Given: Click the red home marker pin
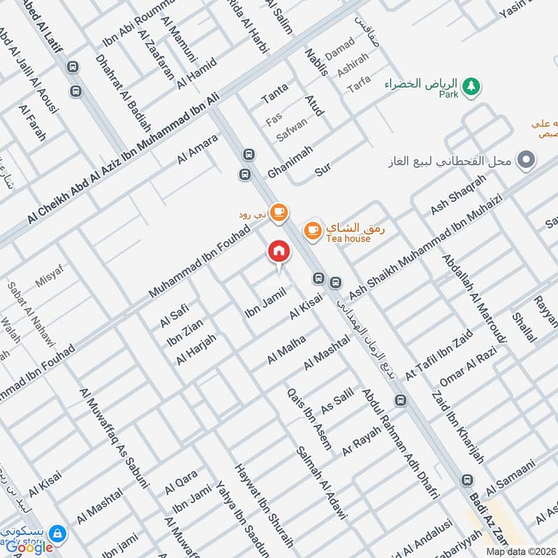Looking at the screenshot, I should click(279, 252).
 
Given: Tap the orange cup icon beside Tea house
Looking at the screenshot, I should click(312, 229).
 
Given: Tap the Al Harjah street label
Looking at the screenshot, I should click(196, 349).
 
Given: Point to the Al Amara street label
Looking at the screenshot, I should click(197, 149).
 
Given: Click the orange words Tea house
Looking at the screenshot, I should click(348, 239).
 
